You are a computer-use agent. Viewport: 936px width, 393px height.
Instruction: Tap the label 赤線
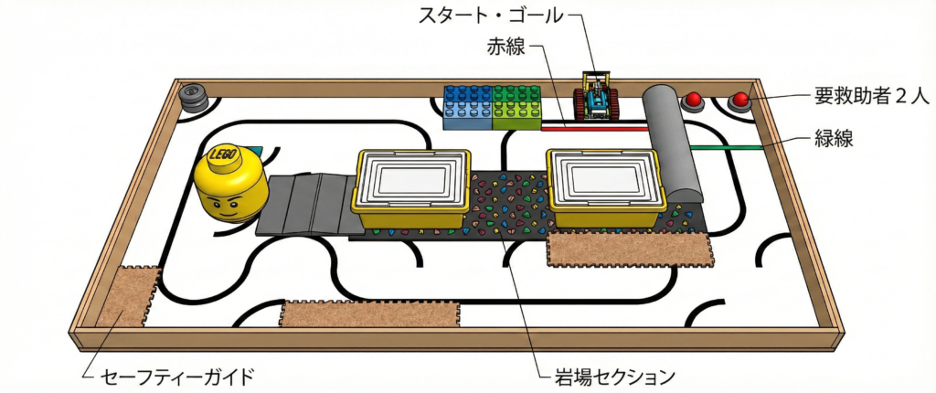click(505, 47)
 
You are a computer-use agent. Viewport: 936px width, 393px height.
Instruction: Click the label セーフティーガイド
click(175, 376)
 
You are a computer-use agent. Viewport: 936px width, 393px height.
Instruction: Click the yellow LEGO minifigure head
click(231, 185)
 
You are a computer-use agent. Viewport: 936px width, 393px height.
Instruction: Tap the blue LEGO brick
click(466, 108)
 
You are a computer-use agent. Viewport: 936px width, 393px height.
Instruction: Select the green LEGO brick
click(517, 107)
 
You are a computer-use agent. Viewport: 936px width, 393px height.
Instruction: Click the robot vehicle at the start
click(597, 97)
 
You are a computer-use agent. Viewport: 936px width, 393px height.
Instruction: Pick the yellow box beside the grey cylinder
click(604, 187)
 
